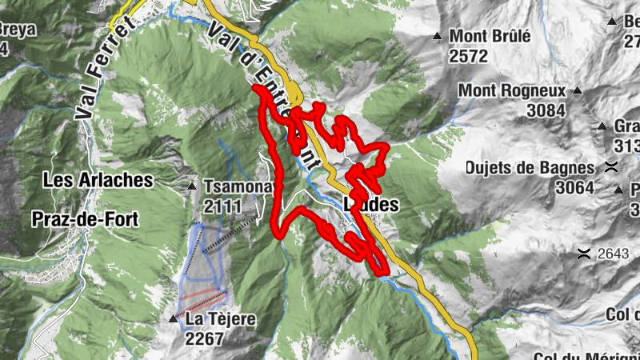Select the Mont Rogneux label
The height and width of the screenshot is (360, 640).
coord(512,91)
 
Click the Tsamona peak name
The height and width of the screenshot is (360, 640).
coord(238,186)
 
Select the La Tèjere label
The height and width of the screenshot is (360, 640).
coord(220,320)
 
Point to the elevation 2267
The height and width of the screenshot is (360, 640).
coord(204,338)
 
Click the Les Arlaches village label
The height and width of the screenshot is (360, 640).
coord(99,180)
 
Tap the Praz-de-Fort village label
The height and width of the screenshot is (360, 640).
coord(86,218)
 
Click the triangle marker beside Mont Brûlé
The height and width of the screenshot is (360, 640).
coord(437,36)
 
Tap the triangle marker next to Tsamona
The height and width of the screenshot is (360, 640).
coord(191,187)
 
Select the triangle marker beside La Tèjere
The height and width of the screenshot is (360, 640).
coord(173,319)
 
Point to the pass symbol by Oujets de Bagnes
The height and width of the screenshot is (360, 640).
coord(612,168)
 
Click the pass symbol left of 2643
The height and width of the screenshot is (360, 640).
coord(585,254)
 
